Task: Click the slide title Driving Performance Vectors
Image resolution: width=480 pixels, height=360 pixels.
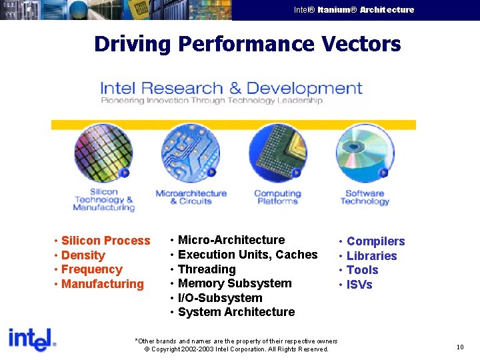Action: [x=247, y=44]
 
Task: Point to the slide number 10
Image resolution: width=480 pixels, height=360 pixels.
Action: [x=460, y=347]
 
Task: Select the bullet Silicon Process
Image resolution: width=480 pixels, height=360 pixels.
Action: [x=105, y=241]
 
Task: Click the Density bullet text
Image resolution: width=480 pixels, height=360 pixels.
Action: [x=83, y=255]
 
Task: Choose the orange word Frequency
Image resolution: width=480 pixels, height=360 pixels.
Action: [x=91, y=269]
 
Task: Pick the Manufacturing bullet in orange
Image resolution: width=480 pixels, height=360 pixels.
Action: [x=102, y=284]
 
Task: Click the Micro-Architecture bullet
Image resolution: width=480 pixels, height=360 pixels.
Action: [x=231, y=240]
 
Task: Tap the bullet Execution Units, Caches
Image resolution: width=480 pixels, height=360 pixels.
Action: [x=247, y=255]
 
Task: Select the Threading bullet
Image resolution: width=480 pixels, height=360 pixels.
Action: [x=207, y=269]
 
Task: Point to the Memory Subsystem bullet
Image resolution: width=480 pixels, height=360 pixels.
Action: [x=235, y=283]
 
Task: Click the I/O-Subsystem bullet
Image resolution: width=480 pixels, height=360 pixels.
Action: [x=220, y=298]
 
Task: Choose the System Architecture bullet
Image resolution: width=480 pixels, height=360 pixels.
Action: [x=236, y=312]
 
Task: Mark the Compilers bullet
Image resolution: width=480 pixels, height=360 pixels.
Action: [x=375, y=241]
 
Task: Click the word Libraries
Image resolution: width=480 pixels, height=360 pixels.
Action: [x=371, y=256]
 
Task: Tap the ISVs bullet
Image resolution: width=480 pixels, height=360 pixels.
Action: [x=359, y=285]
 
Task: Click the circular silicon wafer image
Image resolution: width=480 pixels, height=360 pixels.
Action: [x=103, y=153]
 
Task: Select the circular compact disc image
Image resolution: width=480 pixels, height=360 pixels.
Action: [x=365, y=153]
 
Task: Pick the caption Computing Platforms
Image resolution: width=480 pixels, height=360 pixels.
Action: [x=277, y=197]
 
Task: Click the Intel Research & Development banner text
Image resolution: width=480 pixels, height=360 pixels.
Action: [x=231, y=89]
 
